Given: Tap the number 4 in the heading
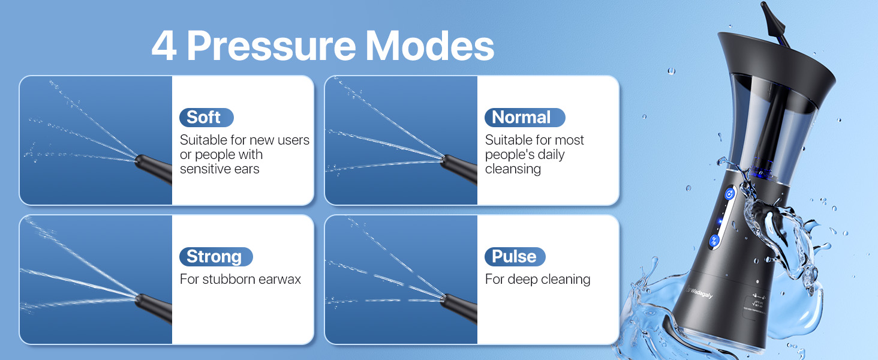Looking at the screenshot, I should [x=164, y=46].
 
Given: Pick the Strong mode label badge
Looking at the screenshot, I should [x=215, y=257].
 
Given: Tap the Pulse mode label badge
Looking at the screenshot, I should [x=515, y=257].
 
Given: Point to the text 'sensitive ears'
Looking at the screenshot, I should [x=220, y=169].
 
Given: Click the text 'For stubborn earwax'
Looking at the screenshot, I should [x=240, y=279].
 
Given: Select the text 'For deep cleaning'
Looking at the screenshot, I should [x=537, y=279].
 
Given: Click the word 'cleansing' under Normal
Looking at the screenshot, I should [x=513, y=169].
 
